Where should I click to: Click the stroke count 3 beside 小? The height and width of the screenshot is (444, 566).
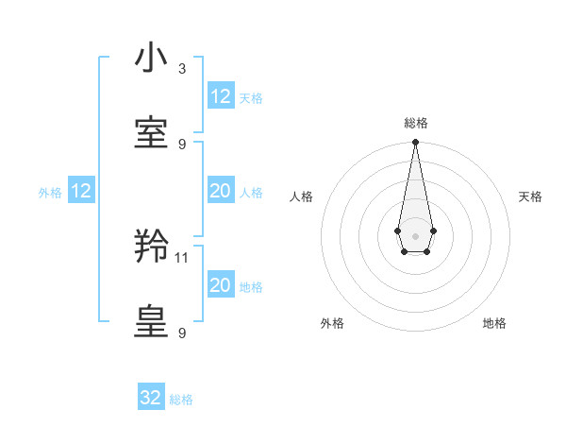(182, 69)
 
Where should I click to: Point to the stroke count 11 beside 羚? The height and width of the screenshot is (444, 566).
(183, 257)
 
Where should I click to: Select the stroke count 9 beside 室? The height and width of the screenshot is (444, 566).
(182, 144)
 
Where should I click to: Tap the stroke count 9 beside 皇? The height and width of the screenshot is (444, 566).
(182, 333)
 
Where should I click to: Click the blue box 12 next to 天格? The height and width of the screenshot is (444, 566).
(220, 96)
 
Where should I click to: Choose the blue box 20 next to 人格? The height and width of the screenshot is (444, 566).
(220, 191)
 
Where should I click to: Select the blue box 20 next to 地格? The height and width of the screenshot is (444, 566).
(220, 285)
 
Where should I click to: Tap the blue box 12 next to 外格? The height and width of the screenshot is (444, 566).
(80, 191)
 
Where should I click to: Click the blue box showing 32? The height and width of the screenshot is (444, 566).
(151, 398)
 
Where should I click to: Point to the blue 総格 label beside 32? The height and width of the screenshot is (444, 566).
(181, 400)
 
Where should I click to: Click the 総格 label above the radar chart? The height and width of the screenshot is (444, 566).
(415, 123)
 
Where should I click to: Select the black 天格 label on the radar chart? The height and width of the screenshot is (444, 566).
(530, 196)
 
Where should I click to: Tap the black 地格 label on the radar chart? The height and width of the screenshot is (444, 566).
(494, 323)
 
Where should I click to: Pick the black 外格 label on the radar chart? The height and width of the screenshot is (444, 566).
(332, 323)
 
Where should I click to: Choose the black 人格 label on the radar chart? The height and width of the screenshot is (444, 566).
(302, 196)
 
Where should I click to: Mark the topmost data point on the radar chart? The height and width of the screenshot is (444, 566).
(415, 142)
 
